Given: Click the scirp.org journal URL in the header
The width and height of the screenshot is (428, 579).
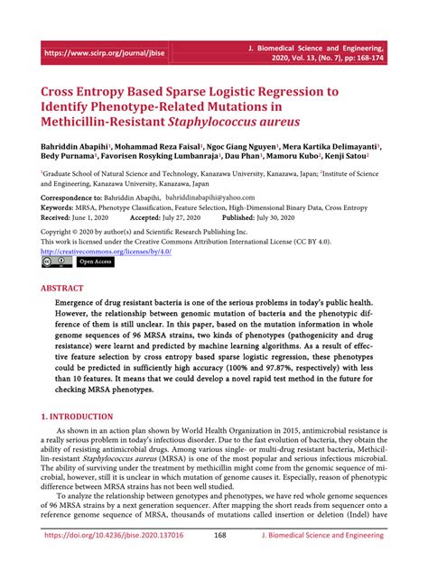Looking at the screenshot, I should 104,53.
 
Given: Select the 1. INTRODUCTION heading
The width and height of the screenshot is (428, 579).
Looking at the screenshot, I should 78,418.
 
